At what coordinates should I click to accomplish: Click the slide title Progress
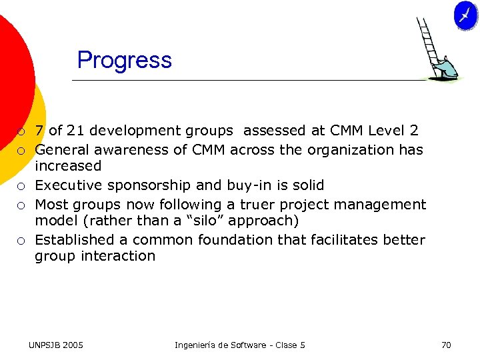coord(124,60)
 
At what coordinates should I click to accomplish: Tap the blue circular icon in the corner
coord(465,15)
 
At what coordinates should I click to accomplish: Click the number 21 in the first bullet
coord(75,131)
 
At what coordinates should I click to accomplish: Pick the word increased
coord(68,166)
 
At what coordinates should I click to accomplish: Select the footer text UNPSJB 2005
coord(56,345)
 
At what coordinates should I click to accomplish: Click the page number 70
coord(446,345)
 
